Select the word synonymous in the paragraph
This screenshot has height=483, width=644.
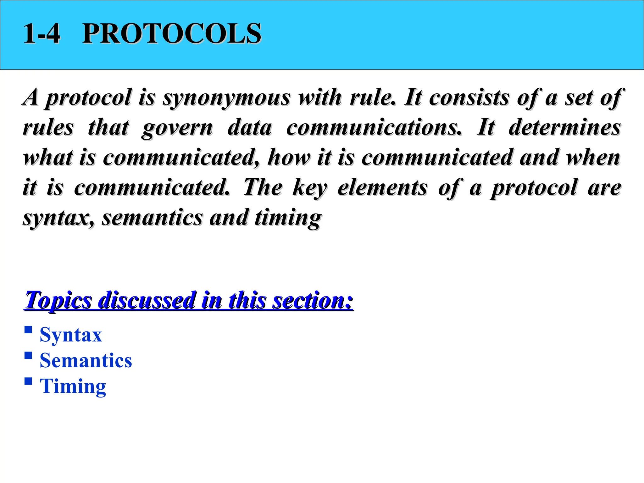point(226,97)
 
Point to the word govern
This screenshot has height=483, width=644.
point(177,128)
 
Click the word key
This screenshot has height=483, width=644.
point(310,188)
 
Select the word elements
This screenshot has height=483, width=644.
point(382,187)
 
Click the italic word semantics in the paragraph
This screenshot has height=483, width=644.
point(152,218)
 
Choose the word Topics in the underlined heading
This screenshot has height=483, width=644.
point(58,300)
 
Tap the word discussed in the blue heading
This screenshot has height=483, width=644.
point(147,300)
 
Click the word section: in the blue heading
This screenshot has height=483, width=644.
point(313,300)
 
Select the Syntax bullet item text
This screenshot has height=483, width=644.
point(71,335)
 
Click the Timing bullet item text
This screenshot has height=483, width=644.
point(73,386)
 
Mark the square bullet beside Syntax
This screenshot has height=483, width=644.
point(28,330)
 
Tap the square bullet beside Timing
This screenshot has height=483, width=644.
point(28,381)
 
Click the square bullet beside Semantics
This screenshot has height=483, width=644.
point(28,356)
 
